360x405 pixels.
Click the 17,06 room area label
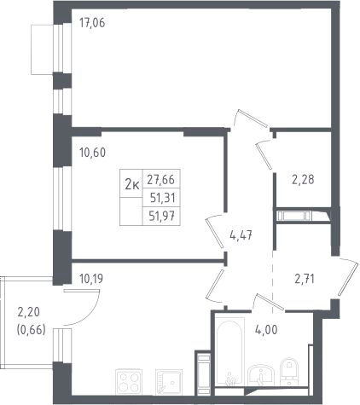point(92,22)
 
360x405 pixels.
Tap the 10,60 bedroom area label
point(92,153)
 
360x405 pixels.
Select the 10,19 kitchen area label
point(91,279)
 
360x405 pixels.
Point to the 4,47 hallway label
point(241,235)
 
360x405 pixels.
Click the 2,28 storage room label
point(303,179)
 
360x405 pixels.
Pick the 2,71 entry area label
point(305,279)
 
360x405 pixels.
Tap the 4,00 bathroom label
point(266,330)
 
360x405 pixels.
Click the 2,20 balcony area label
point(29,312)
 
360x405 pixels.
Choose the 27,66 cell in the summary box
point(161,179)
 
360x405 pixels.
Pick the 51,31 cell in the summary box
point(161,198)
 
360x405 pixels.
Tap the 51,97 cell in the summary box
point(161,217)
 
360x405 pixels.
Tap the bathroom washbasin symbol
point(261,375)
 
